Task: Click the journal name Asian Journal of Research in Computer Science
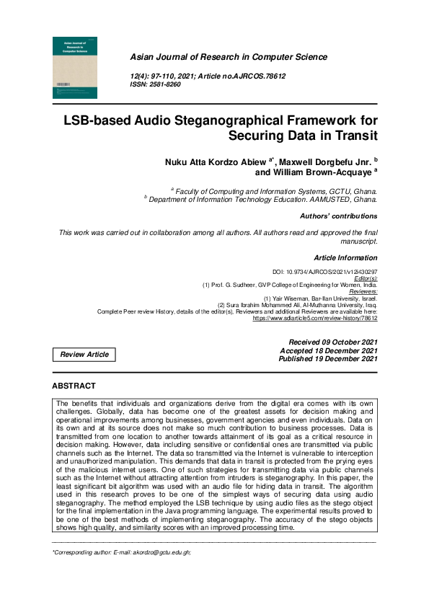(x=228, y=57)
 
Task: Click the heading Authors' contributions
(x=338, y=216)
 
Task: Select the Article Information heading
(x=345, y=257)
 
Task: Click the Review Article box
(x=84, y=355)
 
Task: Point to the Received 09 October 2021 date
(x=332, y=342)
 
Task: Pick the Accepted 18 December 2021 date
(x=328, y=350)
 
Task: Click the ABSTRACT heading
(x=74, y=386)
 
